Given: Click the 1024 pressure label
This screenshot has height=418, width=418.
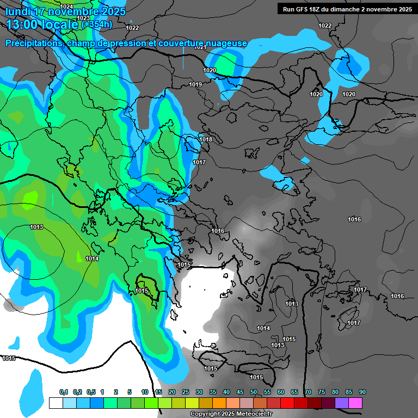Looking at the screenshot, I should pos(66,7).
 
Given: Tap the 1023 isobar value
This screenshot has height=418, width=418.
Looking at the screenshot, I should pos(83,18).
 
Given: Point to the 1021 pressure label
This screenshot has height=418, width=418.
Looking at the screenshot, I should pos(200,47).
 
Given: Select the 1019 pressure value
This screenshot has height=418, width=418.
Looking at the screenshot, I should pos(195,84).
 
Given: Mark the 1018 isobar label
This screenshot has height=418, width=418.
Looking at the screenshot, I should pos(206,140).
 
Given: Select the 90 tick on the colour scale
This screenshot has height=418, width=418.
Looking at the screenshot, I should pos(362,392).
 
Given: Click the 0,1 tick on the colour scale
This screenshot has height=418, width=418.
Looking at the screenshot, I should pos(63,392).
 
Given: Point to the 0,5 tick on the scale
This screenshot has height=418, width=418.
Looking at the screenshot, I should pos(90,392).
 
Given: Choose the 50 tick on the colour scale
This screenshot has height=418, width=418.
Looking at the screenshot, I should pos(254,392).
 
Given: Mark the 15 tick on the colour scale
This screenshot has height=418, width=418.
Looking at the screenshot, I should pos(158,392).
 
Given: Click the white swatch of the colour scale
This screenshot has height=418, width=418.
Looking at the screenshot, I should pos(56,403).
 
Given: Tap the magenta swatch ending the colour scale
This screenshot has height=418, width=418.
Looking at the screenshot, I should pos(355,403).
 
